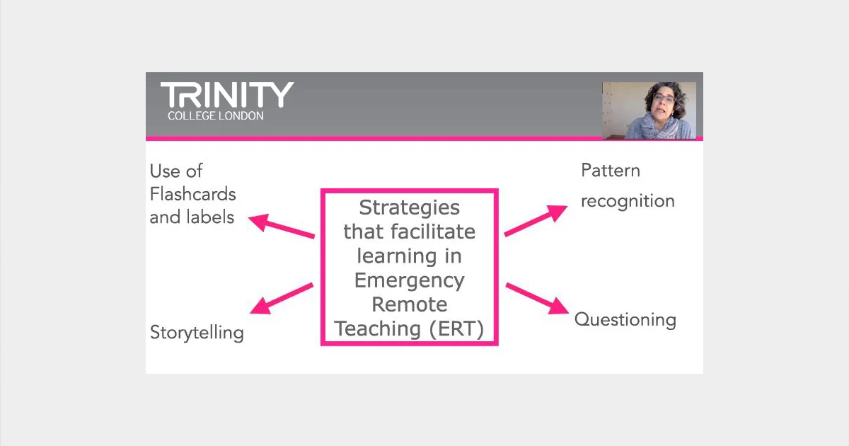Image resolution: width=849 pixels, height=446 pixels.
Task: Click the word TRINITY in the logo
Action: (227, 95)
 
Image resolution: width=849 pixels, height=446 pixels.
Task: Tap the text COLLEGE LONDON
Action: (216, 115)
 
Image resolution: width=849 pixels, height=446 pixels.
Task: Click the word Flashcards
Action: (193, 194)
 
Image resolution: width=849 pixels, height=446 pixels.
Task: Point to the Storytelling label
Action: (197, 333)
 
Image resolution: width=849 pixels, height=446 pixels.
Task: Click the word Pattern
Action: (611, 171)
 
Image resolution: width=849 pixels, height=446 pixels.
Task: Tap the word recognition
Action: (628, 201)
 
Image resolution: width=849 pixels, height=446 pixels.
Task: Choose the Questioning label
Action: (625, 320)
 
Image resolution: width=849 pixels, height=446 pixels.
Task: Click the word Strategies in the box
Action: (410, 208)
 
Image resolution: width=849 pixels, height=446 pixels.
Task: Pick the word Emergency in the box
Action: (410, 281)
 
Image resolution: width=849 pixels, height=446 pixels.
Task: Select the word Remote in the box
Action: (410, 304)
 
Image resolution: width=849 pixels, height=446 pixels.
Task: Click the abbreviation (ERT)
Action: (457, 328)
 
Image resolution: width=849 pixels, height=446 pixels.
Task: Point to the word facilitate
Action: (433, 231)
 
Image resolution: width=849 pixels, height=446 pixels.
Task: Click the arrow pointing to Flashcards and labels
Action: (282, 226)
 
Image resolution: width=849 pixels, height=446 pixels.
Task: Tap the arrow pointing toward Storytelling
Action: (282, 299)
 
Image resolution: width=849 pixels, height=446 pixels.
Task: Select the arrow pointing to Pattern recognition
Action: (536, 221)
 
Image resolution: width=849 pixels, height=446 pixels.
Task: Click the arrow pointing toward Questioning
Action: (538, 299)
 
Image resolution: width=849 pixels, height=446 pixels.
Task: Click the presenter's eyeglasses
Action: (664, 99)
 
